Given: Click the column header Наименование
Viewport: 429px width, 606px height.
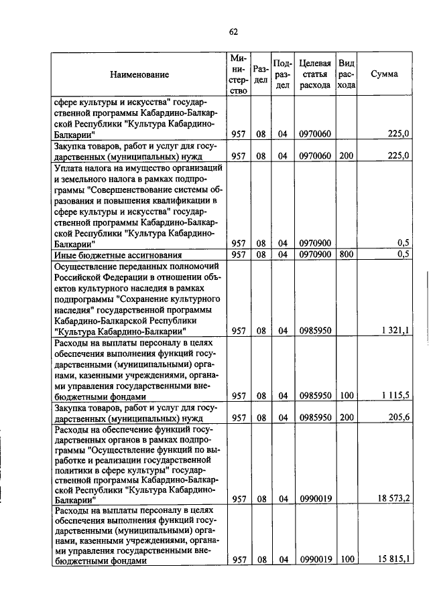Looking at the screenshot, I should click(140, 74).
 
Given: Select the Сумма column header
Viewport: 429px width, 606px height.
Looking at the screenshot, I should click(384, 74).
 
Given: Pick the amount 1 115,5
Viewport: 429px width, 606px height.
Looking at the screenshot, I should click(395, 396).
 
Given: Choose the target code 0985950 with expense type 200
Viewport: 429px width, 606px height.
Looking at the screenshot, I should click(315, 417).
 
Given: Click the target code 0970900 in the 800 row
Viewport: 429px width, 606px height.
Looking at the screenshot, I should click(315, 254).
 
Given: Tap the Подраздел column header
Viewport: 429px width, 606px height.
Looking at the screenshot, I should click(282, 74).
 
